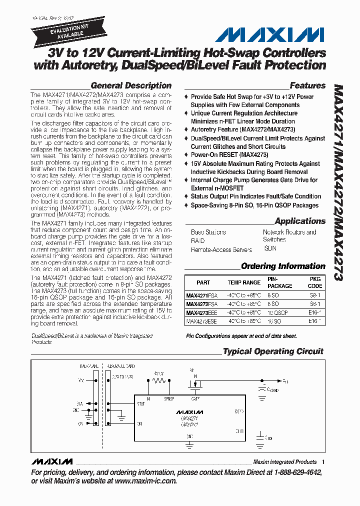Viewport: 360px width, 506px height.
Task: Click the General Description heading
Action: pyautogui.click(x=131, y=85)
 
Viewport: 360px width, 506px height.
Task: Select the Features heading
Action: pyautogui.click(x=307, y=85)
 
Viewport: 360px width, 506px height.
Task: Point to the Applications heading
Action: pyautogui.click(x=300, y=221)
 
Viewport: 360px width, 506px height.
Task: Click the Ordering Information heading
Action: pyautogui.click(x=283, y=266)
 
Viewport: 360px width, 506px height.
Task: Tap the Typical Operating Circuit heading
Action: pyautogui.click(x=273, y=351)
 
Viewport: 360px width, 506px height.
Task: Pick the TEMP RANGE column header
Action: pyautogui.click(x=244, y=282)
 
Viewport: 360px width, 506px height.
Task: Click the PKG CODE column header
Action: pyautogui.click(x=315, y=282)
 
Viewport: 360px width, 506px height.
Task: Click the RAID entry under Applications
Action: pyautogui.click(x=197, y=240)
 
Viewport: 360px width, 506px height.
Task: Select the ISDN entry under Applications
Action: pyautogui.click(x=269, y=247)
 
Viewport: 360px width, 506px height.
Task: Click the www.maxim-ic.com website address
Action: pyautogui.click(x=145, y=481)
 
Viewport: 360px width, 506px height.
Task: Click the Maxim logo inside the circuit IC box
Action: pyautogui.click(x=190, y=411)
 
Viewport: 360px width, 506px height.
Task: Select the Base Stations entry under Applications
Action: pyautogui.click(x=208, y=232)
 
